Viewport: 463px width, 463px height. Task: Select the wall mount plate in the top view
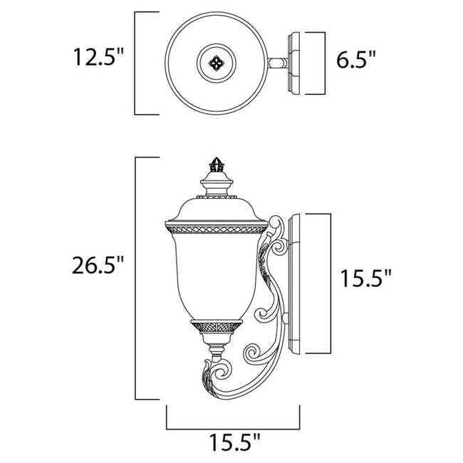[x=294, y=63]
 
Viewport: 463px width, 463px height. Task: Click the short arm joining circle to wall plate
[x=276, y=63]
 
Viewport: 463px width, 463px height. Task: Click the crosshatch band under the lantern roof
[x=213, y=229]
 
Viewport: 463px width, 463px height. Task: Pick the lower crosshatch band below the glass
[x=213, y=326]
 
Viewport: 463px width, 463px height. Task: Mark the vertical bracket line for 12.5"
[x=136, y=63]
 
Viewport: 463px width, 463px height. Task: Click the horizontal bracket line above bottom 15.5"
[x=233, y=429]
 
